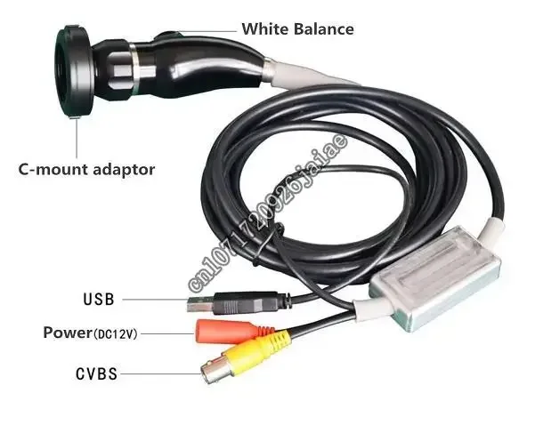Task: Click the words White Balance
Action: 297,29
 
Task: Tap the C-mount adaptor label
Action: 87,168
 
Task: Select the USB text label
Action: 98,300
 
